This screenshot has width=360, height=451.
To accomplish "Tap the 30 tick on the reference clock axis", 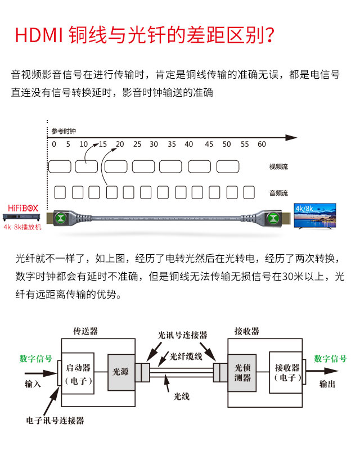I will (x=154, y=145).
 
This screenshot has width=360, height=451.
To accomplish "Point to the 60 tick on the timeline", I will (x=262, y=145).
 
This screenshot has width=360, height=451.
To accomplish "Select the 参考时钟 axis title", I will (x=63, y=131).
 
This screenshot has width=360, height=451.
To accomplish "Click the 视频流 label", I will (x=278, y=166).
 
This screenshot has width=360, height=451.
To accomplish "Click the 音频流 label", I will (x=278, y=193).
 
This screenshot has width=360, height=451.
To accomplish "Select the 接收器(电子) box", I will (x=286, y=372).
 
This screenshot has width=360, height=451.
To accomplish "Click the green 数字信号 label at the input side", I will (x=36, y=359).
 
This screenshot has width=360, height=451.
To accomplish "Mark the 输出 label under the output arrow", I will (x=327, y=385).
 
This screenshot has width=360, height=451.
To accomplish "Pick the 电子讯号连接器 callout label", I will (x=55, y=420).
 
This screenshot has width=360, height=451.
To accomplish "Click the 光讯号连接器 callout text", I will (x=182, y=335).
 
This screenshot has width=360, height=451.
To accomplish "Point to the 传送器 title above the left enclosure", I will (x=85, y=331).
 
